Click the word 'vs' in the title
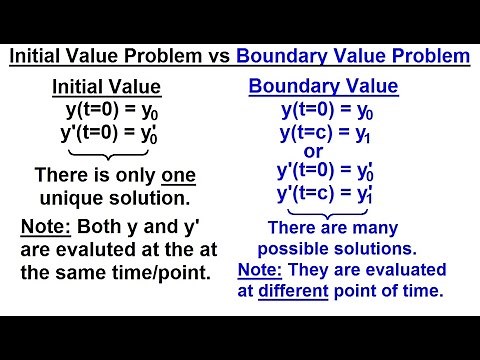(211, 57)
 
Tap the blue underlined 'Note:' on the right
(261, 270)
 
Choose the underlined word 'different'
(308, 292)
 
